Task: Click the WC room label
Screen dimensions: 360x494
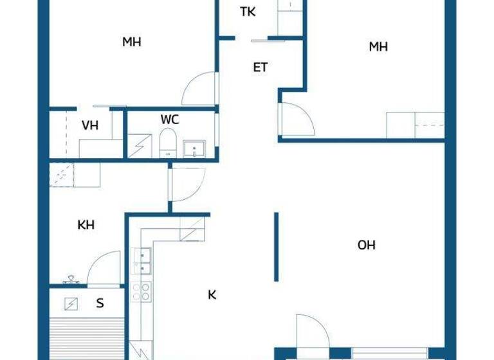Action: [170, 120]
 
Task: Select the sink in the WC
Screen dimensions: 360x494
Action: [193, 149]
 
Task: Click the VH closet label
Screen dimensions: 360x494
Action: [90, 125]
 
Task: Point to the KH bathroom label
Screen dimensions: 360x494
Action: [86, 225]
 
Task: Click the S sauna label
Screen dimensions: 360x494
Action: [100, 303]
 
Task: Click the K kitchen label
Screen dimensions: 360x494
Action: [212, 295]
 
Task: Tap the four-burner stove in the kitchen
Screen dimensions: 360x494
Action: [142, 292]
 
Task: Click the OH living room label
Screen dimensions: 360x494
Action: [367, 245]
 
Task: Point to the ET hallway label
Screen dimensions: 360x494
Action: [261, 67]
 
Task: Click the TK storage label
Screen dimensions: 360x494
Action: [248, 12]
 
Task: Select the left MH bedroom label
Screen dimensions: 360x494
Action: [132, 42]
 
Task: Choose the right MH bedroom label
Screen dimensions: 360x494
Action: [378, 46]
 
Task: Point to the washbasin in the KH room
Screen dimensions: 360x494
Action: [71, 280]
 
